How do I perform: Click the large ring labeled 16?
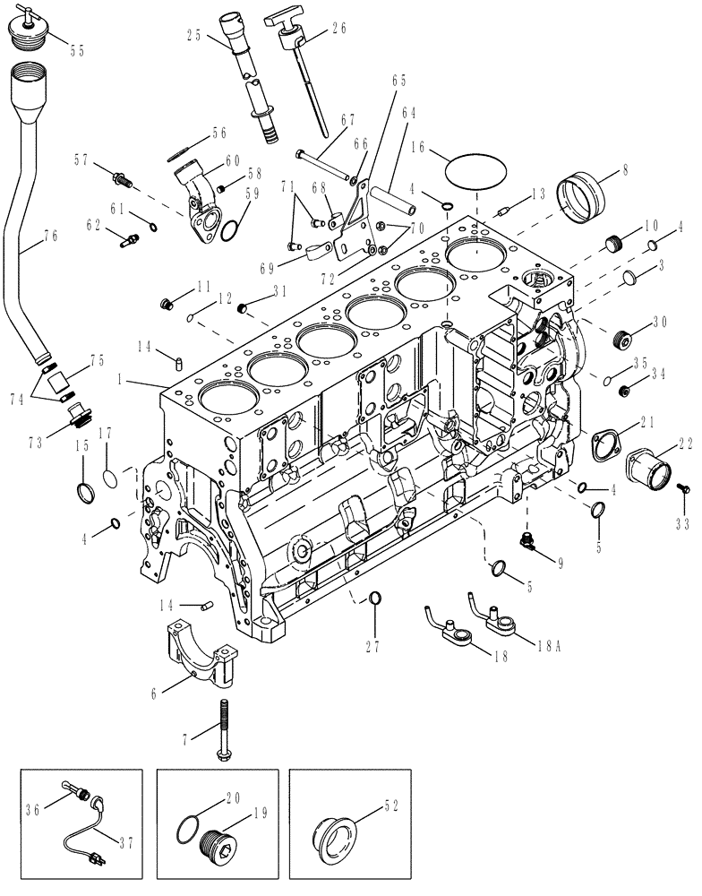[475, 170]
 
